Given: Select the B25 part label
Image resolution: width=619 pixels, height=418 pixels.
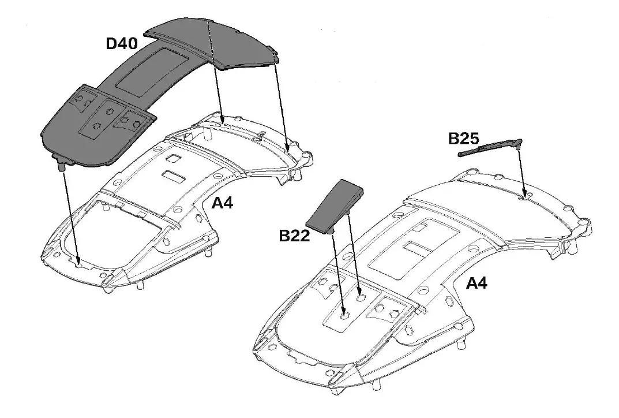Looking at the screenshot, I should point(464,139).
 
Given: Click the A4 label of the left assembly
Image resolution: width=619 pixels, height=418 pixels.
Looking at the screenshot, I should point(222,203).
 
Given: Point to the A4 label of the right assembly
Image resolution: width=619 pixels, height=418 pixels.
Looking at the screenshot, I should point(476,283).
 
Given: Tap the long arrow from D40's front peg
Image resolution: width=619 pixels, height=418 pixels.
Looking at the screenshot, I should point(69,214).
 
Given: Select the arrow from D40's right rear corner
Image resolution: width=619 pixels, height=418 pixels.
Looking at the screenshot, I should point(281,104).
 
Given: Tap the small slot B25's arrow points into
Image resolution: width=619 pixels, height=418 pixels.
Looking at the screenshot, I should point(524,197).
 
